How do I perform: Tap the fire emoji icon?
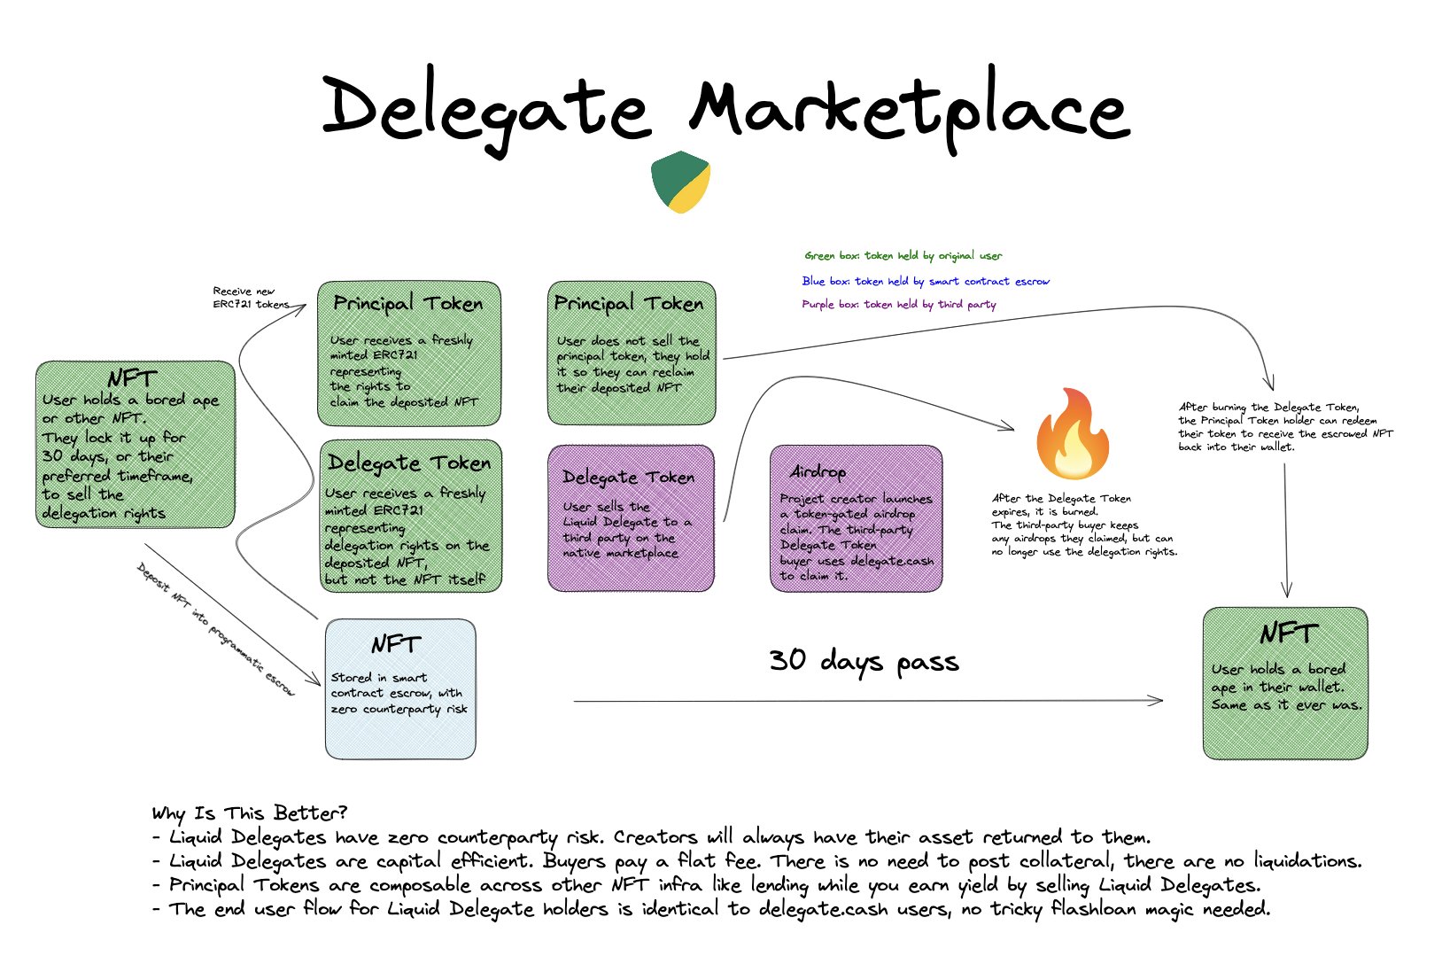pos(1072,433)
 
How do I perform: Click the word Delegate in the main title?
pos(485,111)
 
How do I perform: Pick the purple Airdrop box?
pos(856,518)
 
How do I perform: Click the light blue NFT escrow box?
pos(400,688)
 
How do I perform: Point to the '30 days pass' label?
pos(864,661)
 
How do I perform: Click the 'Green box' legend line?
pos(903,256)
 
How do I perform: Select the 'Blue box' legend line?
pos(926,281)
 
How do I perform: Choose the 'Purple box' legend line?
pos(899,305)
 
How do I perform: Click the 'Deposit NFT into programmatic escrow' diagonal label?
pos(216,629)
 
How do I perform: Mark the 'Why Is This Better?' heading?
pos(249,812)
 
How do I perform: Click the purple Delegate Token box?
pos(631,518)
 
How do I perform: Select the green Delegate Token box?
pos(410,517)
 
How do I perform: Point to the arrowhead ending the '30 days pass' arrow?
pos(1158,701)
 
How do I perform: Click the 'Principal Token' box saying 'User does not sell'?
pos(632,353)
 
